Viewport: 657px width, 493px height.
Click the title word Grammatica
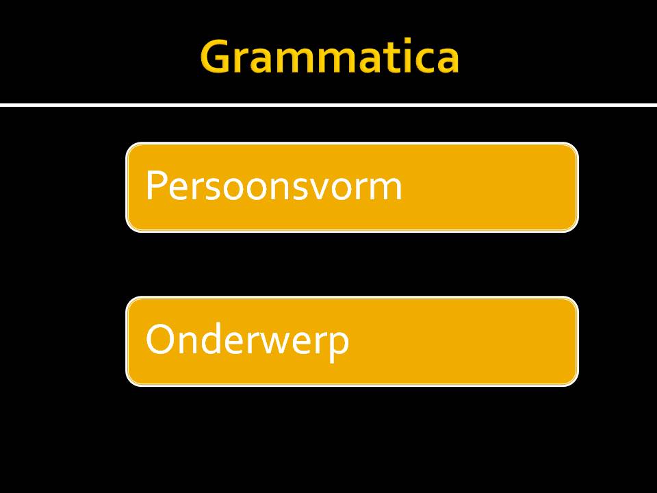pos(329,58)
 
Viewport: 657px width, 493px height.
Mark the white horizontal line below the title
pos(328,105)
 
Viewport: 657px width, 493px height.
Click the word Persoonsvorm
pos(274,186)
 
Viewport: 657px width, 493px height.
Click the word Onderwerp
pos(247,340)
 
